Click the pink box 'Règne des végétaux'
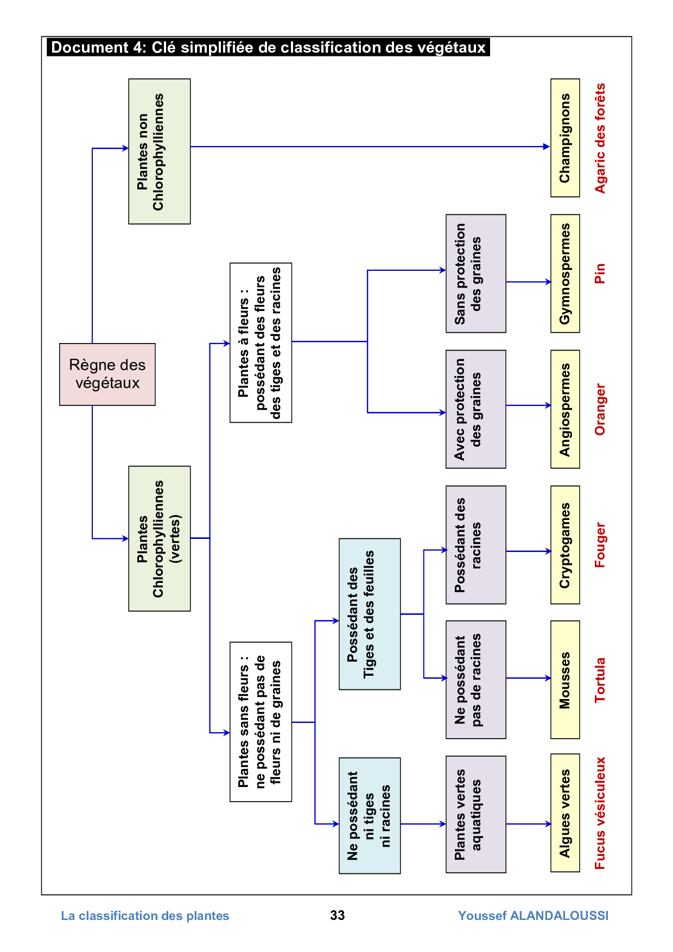[x=107, y=374]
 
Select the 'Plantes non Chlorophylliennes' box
[x=159, y=151]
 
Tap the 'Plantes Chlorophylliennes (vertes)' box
[x=159, y=538]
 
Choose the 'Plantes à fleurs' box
[x=261, y=342]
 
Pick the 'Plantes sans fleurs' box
[x=261, y=722]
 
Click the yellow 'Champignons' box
[x=565, y=138]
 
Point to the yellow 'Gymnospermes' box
[x=565, y=274]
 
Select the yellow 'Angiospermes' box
[x=565, y=409]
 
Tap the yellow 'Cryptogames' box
[x=565, y=545]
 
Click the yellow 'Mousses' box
[x=565, y=680]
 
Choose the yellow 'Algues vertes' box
[x=565, y=813]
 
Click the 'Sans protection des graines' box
[x=475, y=274]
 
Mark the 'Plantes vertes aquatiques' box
[x=475, y=814]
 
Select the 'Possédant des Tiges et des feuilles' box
[x=370, y=614]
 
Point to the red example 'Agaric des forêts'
[x=600, y=138]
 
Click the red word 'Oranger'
[x=600, y=409]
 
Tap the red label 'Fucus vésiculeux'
[x=600, y=813]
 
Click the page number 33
[x=337, y=915]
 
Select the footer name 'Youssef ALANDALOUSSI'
[x=533, y=916]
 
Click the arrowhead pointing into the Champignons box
[x=547, y=147]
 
